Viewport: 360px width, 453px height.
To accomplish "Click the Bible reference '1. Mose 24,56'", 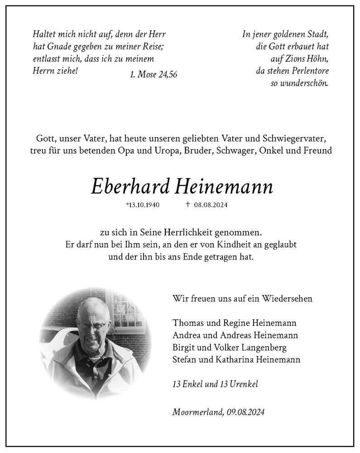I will (x=153, y=75).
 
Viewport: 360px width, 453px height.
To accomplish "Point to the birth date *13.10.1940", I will (x=143, y=205).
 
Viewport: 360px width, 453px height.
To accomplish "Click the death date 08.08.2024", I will (x=211, y=205).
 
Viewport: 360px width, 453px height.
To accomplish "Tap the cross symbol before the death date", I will (x=187, y=204).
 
